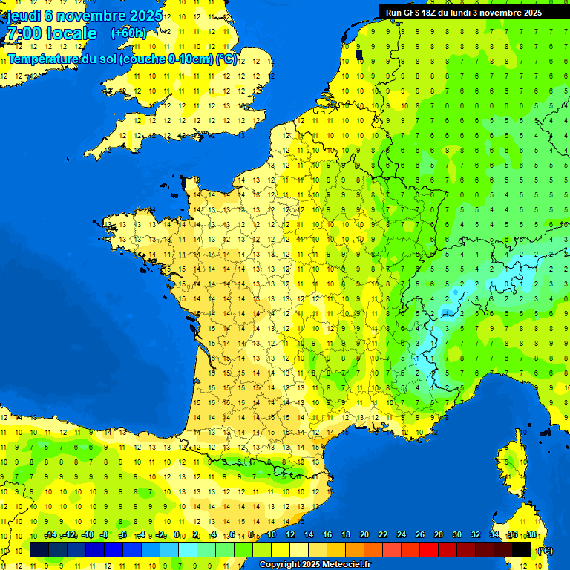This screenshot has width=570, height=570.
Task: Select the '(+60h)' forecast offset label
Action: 128,33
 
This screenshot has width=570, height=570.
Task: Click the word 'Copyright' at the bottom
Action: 279,565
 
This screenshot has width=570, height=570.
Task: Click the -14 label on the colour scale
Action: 51,535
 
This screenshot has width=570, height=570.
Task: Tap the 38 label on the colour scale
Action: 531,535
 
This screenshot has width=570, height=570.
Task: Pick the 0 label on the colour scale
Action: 177,535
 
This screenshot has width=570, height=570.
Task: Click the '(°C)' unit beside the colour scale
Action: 545,551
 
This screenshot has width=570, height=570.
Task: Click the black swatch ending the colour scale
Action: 522,549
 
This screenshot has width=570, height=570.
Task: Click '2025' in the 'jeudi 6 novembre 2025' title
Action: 147,15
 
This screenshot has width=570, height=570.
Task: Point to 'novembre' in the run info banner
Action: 503,13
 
